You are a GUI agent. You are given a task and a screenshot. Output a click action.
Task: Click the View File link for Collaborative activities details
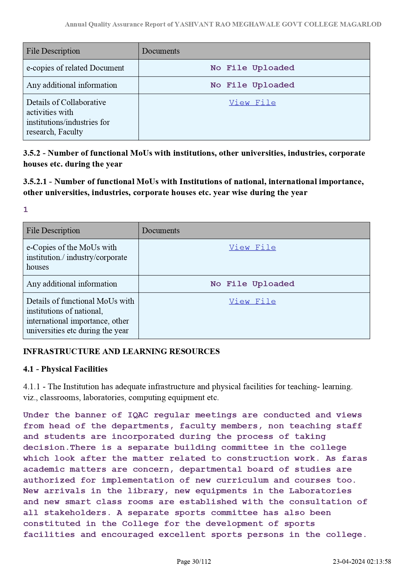pos(252,103)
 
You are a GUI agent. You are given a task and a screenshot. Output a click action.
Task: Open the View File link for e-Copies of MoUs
pos(252,247)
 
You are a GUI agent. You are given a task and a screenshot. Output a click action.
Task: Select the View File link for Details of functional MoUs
pos(252,301)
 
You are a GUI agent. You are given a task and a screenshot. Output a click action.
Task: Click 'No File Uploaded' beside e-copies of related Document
pos(252,68)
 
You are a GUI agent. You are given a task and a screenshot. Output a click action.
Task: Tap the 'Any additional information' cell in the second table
pos(72,284)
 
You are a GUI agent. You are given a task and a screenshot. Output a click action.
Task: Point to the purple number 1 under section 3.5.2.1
pos(26,210)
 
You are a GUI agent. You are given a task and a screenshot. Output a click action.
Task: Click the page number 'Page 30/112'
pos(194,561)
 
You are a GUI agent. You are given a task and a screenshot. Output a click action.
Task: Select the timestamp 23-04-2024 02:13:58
pos(362,561)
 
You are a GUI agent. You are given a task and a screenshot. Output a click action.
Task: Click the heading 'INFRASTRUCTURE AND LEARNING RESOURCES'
pos(121,351)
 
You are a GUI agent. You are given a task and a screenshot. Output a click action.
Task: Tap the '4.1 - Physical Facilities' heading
pos(65,369)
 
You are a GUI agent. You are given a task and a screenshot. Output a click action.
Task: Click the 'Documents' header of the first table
pos(161,51)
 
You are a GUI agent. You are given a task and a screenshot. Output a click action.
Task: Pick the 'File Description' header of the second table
pos(53,231)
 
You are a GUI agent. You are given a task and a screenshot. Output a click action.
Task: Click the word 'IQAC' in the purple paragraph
pos(138,415)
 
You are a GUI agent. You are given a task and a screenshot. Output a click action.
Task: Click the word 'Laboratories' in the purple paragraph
pos(320,491)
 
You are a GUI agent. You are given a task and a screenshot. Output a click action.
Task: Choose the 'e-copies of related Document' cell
pos(75,68)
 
